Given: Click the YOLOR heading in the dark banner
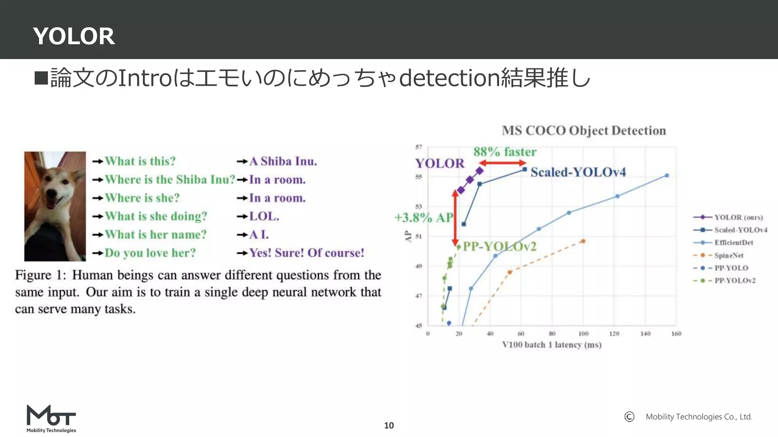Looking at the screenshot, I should pos(74,36).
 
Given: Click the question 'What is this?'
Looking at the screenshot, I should pos(140,161).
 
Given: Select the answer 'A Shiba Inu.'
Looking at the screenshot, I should pos(283,161).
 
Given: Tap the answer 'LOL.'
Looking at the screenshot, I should pos(264,216).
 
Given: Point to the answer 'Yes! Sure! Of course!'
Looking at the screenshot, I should pos(307,253).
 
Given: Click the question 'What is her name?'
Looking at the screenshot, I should pos(156,234).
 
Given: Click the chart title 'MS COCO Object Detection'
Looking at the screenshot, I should pos(584,130).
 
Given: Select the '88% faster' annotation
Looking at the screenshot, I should pos(505,152).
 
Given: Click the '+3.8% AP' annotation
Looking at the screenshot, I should pos(424,218).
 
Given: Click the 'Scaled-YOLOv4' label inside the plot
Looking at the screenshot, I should pos(578,172).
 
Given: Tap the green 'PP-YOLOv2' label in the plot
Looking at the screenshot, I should pos(500,247).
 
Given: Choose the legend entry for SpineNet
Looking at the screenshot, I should pos(729,255).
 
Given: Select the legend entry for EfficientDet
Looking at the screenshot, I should pos(734,243).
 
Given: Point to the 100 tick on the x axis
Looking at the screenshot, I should pos(583,334).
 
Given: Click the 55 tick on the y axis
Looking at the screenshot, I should pos(419,177).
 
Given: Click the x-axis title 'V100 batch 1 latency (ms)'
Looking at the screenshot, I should pos(552,345).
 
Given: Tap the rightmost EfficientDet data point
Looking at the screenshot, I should pos(667,176).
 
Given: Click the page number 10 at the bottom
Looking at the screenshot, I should pos(389,425).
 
